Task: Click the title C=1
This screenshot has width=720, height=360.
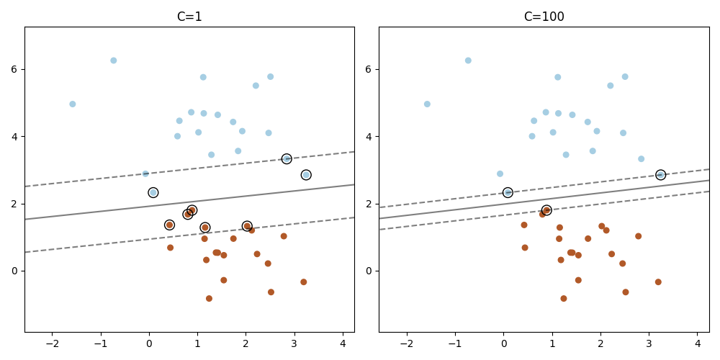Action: click(189, 17)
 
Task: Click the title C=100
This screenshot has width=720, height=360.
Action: click(544, 17)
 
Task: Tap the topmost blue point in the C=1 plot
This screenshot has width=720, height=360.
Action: click(113, 60)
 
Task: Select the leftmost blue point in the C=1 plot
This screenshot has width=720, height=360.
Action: click(73, 104)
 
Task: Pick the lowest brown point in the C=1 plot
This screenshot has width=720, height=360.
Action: click(209, 299)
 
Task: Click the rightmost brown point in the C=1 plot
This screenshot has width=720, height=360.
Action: click(304, 282)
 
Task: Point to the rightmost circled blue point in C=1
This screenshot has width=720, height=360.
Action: click(306, 175)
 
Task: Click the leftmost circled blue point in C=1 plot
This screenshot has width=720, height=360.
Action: click(153, 193)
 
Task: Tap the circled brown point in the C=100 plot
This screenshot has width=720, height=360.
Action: click(546, 210)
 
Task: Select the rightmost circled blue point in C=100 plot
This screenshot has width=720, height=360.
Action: click(660, 175)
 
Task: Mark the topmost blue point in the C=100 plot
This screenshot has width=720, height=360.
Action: click(468, 60)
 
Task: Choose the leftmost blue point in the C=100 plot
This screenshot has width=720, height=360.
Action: click(427, 104)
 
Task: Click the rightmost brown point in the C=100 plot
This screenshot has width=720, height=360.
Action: click(658, 282)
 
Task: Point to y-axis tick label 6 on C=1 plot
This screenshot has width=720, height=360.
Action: click(14, 69)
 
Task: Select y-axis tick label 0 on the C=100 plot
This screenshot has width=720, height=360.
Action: click(369, 271)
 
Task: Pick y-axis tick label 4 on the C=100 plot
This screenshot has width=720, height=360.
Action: click(369, 136)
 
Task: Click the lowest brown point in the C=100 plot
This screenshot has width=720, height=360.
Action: click(564, 299)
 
